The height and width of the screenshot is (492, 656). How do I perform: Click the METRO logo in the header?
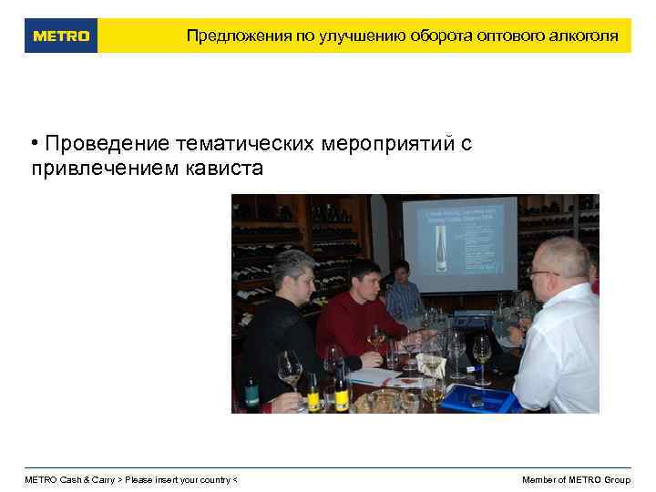(x=61, y=36)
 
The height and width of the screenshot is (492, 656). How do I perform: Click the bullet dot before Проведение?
(x=34, y=144)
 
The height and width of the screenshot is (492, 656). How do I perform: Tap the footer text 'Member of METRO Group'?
(x=576, y=480)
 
